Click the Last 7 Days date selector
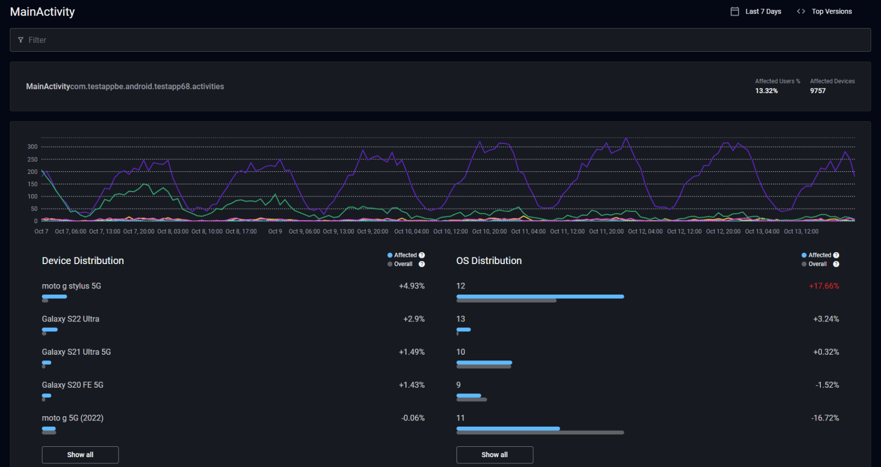pos(756,11)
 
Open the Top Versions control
pos(825,11)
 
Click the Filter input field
pos(440,40)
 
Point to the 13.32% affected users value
pos(766,91)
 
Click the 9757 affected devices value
pos(818,91)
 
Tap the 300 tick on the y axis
pos(33,147)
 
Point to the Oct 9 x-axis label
pos(275,231)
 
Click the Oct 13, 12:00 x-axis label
pos(801,231)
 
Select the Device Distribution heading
pos(83,261)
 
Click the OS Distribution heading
pos(489,261)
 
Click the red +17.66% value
pos(824,286)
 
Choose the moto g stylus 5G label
pos(72,286)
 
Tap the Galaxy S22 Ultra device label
pos(70,319)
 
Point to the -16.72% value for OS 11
pos(825,418)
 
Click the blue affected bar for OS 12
pos(540,297)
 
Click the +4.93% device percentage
pos(411,286)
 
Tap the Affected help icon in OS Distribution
pos(836,255)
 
